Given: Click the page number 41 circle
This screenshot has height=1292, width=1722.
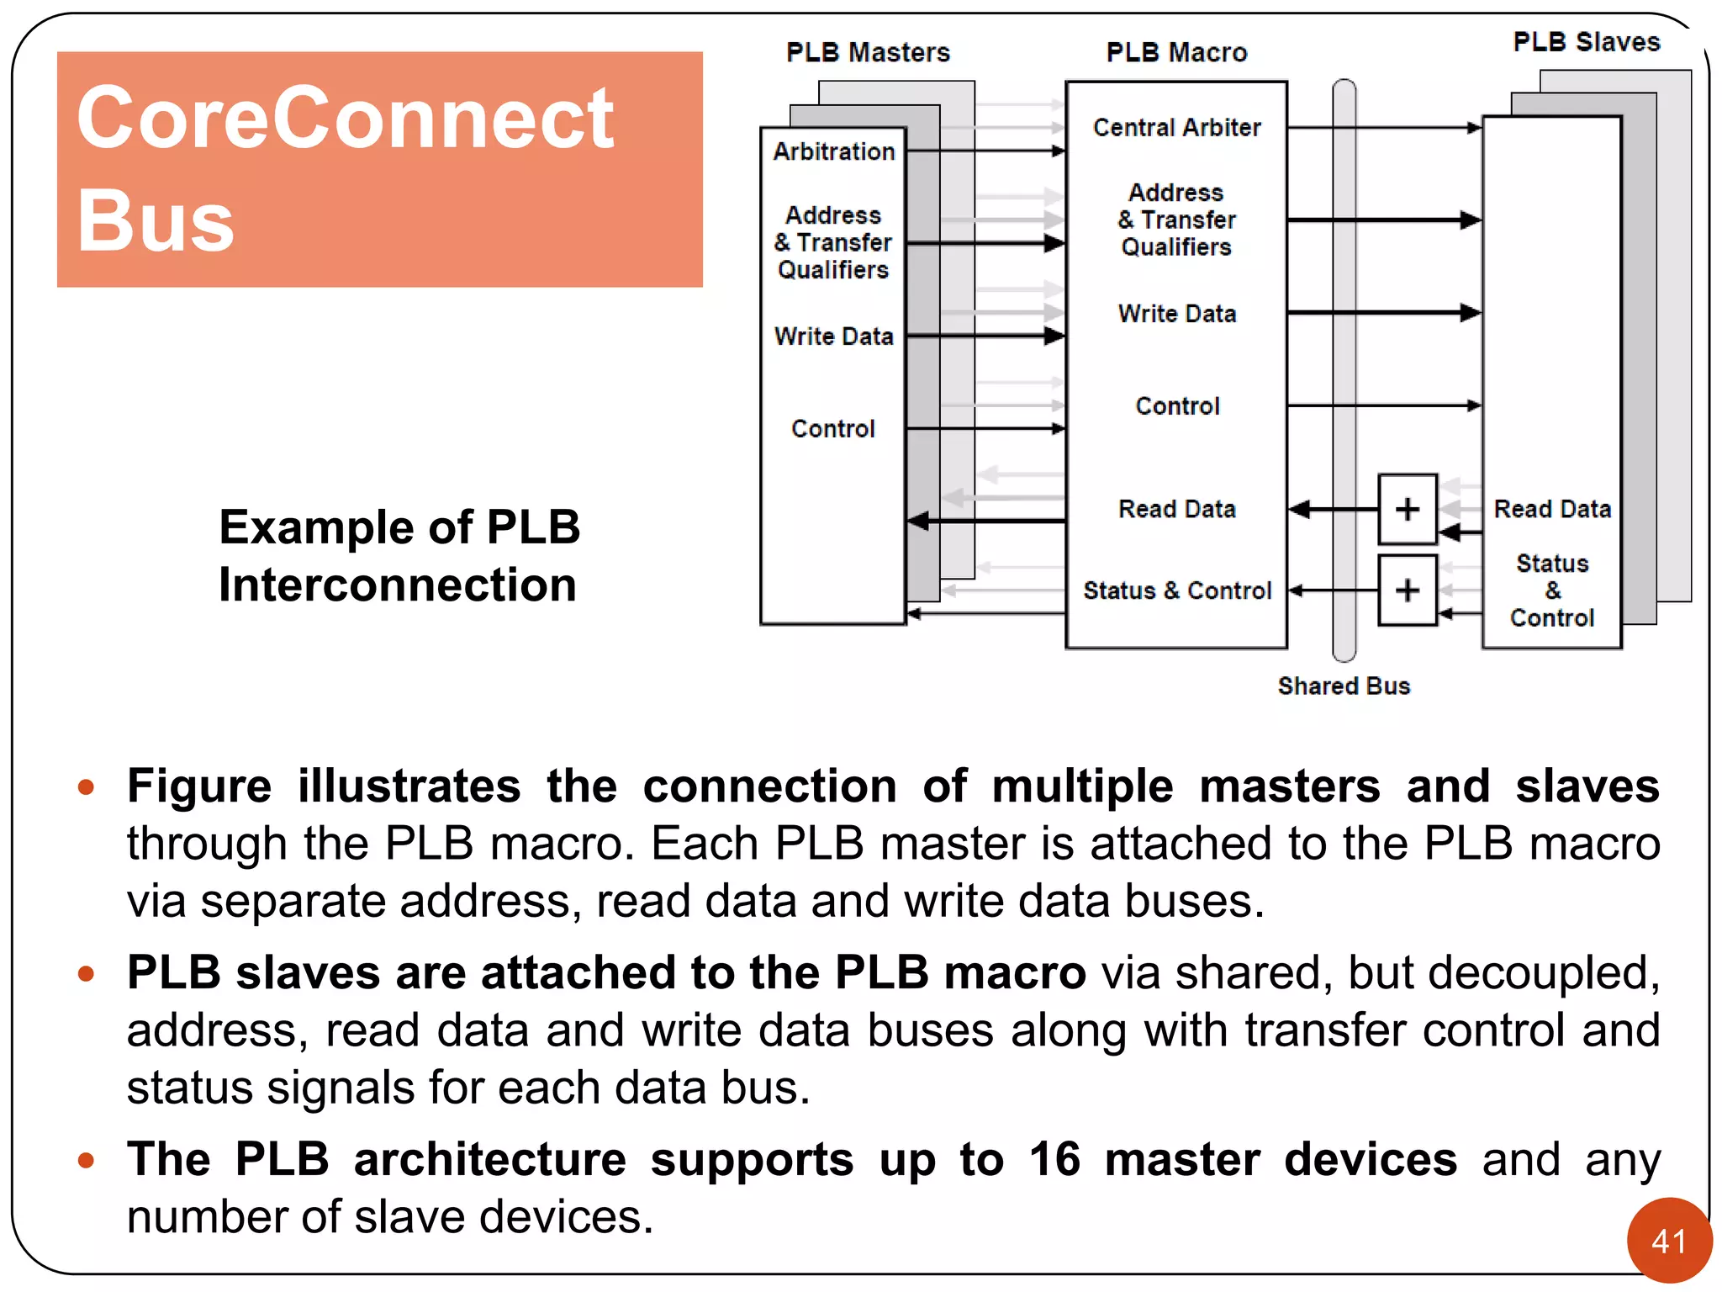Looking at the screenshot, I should click(1668, 1241).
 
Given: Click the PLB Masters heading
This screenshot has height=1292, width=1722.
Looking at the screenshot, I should click(868, 52).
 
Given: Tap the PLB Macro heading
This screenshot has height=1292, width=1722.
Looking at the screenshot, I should click(1176, 52).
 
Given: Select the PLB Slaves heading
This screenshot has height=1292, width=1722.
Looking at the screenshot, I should click(1586, 42).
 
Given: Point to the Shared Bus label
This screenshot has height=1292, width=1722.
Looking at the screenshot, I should click(1344, 686).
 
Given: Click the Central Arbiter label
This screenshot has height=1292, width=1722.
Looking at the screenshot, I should click(1176, 127).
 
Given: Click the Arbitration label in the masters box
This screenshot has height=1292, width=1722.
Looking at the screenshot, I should click(833, 151).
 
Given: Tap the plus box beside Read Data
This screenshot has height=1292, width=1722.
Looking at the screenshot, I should click(1407, 509).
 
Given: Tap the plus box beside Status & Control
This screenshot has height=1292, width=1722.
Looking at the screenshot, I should click(1407, 590).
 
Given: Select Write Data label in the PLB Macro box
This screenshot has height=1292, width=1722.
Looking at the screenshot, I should click(1176, 314).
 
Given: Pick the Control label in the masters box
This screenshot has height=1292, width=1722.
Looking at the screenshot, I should click(832, 428).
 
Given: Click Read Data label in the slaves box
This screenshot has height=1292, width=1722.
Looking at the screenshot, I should click(1551, 509).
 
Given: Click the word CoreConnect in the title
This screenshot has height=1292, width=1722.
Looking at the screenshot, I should click(345, 118).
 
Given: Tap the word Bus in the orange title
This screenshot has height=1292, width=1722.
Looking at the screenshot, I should click(155, 220).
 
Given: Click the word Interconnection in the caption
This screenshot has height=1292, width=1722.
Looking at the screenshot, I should click(397, 585).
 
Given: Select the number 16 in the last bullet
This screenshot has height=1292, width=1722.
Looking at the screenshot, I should click(1054, 1159).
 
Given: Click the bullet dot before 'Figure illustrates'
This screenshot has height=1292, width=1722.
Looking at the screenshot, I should click(86, 787).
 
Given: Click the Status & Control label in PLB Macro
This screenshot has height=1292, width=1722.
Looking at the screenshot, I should click(1176, 590).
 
